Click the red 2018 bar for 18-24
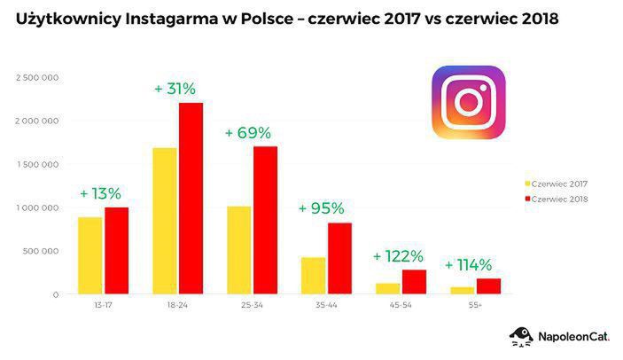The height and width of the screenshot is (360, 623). (191, 199)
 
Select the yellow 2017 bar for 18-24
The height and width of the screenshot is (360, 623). (165, 221)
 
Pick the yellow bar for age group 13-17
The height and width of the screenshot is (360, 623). (90, 255)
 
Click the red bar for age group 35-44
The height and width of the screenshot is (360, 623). (339, 258)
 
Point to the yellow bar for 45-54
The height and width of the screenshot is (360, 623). (388, 288)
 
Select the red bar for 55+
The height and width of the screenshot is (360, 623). (487, 286)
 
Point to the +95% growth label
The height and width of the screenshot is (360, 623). (322, 208)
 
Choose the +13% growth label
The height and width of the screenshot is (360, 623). (100, 193)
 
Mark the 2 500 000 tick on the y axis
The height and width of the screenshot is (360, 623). (37, 77)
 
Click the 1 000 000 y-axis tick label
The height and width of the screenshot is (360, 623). (37, 207)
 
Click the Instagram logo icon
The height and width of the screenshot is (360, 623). (468, 102)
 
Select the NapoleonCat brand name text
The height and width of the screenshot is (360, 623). (572, 337)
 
